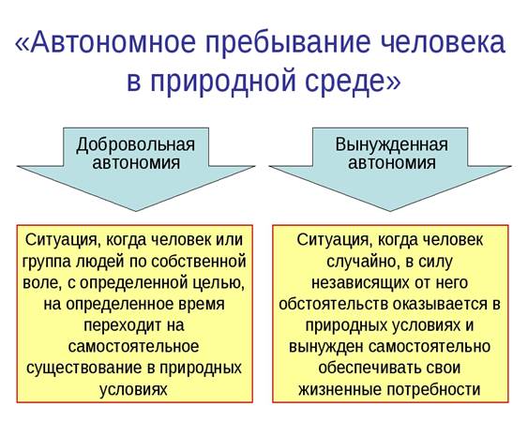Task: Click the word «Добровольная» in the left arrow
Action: pyautogui.click(x=136, y=144)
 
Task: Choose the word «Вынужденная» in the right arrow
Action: pyautogui.click(x=392, y=144)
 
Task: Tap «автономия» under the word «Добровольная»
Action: pyautogui.click(x=136, y=162)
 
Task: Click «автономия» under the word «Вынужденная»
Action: pyautogui.click(x=392, y=162)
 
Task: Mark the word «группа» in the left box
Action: pyautogui.click(x=46, y=263)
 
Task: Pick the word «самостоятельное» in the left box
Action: pyautogui.click(x=134, y=346)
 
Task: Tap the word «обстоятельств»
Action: pyautogui.click(x=333, y=304)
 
